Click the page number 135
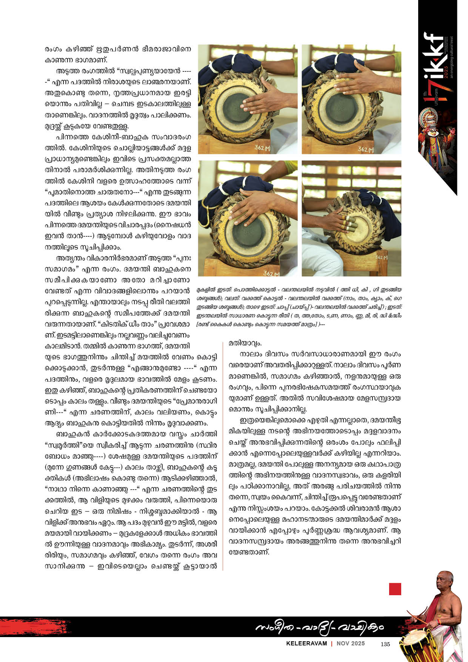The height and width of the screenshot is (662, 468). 385,644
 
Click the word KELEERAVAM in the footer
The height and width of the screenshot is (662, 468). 306,644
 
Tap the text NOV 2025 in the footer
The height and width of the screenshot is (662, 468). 351,644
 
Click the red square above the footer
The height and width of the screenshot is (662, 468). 395,589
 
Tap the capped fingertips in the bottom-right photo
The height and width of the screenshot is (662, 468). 350,223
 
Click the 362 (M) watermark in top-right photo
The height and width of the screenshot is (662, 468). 365,149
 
